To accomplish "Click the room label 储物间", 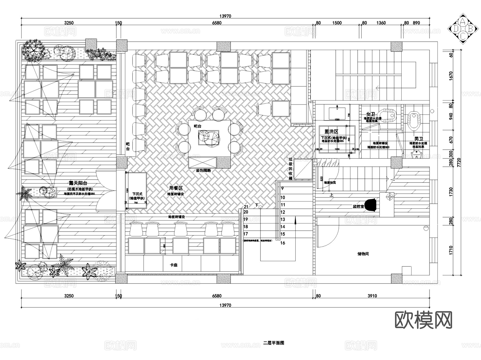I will (363, 254).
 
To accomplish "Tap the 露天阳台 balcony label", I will (78, 183).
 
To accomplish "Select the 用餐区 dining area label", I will (176, 188).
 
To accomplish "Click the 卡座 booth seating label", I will (174, 265).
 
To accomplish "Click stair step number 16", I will (283, 243).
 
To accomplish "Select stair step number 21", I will (246, 207).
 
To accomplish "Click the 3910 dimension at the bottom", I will (372, 296).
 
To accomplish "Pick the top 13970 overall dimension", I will (225, 16).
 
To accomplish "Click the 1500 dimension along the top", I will (337, 23).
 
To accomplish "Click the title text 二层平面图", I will (274, 343).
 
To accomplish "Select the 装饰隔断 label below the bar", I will (203, 170).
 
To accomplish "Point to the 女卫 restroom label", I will (371, 114).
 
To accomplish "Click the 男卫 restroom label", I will (419, 139).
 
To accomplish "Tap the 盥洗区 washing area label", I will (331, 131).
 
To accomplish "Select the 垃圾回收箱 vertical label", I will (290, 168).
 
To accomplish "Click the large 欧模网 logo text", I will (424, 320).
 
